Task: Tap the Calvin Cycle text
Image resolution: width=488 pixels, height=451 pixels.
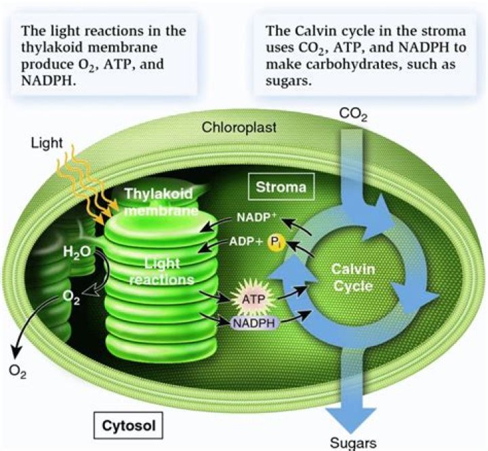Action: [x=352, y=277]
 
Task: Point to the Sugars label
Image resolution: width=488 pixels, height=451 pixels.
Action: [x=352, y=443]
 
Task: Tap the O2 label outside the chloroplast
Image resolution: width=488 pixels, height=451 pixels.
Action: [x=19, y=370]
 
